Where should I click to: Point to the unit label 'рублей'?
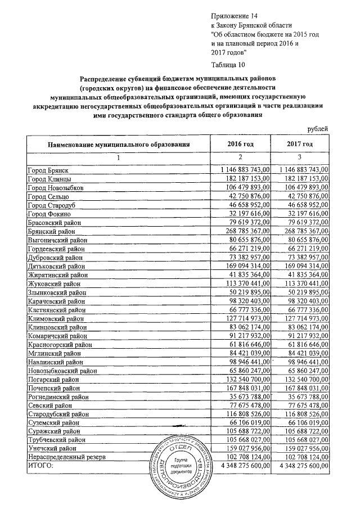318,129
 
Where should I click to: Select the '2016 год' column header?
240,145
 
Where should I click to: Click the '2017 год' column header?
300,145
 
